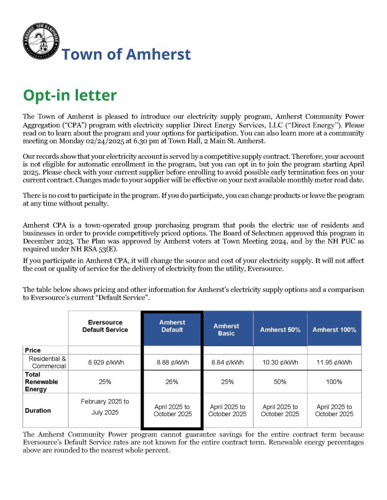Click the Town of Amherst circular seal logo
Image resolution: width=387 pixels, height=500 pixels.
[41, 42]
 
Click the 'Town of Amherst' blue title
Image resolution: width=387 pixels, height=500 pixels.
[126, 54]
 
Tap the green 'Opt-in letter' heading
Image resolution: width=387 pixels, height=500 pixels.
[70, 95]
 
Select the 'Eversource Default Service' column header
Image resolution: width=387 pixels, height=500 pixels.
[105, 326]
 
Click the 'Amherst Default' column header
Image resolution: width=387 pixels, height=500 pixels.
[172, 326]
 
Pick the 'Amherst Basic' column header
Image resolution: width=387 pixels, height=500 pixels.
[226, 330]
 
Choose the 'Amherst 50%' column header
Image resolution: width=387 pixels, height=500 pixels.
[280, 330]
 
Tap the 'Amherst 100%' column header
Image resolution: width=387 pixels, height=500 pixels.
[334, 330]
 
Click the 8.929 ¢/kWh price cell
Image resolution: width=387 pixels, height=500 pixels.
[105, 362]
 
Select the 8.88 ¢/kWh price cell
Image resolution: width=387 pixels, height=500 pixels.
[172, 362]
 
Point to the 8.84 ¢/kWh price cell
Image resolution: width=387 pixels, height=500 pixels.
[227, 362]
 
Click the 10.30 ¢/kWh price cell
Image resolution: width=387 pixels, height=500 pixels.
[280, 362]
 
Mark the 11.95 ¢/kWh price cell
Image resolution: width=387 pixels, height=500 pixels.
[334, 362]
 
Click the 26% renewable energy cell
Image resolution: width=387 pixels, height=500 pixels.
[172, 382]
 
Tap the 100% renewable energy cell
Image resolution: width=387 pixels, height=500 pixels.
[334, 382]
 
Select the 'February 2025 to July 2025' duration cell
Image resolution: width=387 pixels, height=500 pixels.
[105, 407]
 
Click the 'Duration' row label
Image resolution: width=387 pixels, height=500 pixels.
[38, 411]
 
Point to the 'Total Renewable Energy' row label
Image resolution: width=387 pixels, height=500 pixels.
[42, 382]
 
